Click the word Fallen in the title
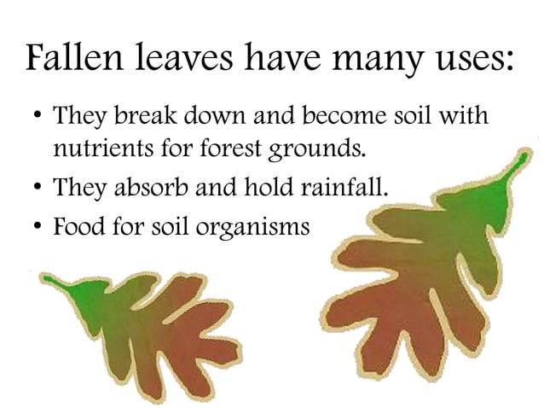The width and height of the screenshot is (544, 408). click(72, 59)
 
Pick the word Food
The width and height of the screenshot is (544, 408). click(77, 228)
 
